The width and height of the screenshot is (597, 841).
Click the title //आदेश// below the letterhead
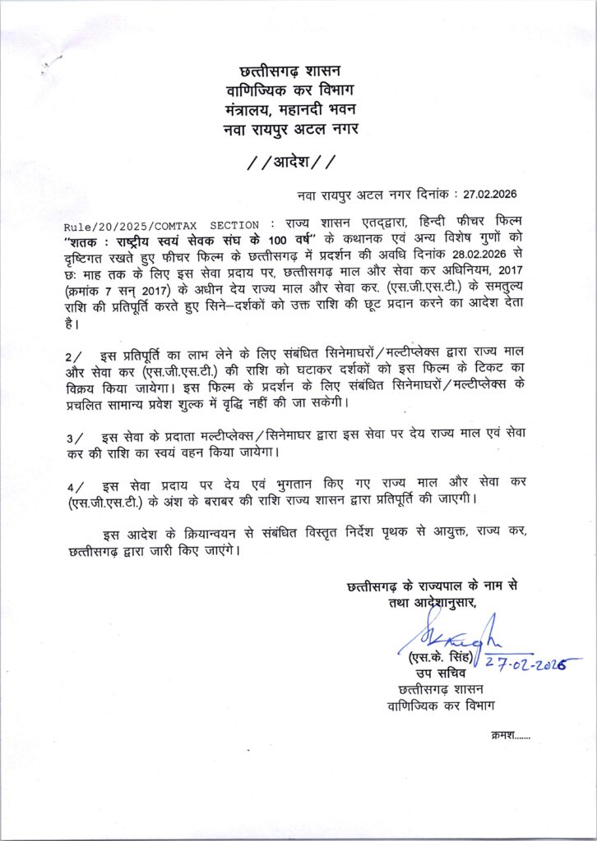coord(292,159)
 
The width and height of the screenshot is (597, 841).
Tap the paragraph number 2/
coord(73,356)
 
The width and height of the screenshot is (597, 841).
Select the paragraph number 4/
coord(73,484)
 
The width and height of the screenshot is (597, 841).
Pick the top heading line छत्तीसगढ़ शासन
coord(293,72)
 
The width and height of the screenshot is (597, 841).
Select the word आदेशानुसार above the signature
coord(437,604)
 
